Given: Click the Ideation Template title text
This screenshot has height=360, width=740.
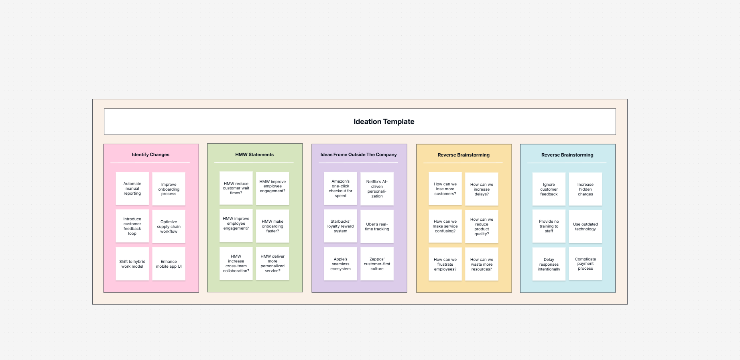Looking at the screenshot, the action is click(x=384, y=122).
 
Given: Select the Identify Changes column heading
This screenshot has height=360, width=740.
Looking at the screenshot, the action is click(x=150, y=155).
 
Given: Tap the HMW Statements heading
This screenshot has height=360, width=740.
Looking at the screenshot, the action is click(x=254, y=155).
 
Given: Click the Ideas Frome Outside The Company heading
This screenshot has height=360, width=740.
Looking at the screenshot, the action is click(x=358, y=155).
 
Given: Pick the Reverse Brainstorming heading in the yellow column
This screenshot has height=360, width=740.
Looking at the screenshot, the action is click(x=464, y=155).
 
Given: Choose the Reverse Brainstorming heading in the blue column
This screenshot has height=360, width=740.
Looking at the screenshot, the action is click(x=567, y=155).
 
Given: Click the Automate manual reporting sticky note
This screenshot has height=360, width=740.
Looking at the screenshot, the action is click(x=132, y=189).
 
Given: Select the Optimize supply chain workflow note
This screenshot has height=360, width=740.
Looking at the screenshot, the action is click(x=169, y=226).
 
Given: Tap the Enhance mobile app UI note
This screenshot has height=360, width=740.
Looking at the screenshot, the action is click(x=169, y=264).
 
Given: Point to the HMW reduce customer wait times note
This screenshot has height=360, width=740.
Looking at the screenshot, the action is click(x=236, y=188).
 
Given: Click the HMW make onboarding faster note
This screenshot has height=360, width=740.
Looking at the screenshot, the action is click(x=272, y=226).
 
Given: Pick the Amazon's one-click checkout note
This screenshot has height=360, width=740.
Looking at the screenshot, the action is click(x=340, y=189).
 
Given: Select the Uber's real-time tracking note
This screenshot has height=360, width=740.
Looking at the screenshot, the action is click(x=377, y=226).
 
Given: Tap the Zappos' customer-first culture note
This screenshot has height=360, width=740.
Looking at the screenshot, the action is click(x=377, y=264).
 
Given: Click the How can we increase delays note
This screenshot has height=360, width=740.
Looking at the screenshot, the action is click(x=482, y=189).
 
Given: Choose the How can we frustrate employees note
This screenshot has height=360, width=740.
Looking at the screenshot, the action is click(x=445, y=264).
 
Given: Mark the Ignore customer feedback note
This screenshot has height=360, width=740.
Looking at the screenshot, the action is click(x=549, y=189).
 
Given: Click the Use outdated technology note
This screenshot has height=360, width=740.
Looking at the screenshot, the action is click(x=585, y=227).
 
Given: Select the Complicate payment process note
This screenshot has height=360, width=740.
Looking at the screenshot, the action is click(x=585, y=264).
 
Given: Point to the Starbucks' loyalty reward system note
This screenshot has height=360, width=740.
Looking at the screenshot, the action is click(x=340, y=226).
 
